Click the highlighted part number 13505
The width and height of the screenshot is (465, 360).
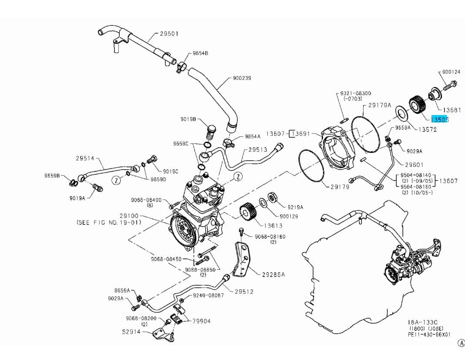tap(439, 119)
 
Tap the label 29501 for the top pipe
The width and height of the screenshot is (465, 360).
tap(169, 34)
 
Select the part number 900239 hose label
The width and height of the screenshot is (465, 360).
tap(242, 78)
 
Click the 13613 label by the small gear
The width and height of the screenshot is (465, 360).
tap(273, 225)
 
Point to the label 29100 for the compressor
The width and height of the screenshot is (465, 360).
tap(129, 216)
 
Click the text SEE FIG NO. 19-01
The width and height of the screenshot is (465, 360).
tap(109, 222)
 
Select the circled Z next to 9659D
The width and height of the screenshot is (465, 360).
tap(116, 180)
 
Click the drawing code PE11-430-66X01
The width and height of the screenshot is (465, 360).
tap(429, 334)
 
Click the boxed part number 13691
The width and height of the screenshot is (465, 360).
tap(302, 133)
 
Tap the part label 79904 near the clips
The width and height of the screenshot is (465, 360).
tap(202, 321)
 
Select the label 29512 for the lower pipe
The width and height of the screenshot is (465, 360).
tap(244, 291)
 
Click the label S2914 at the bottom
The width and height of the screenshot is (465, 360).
tap(131, 332)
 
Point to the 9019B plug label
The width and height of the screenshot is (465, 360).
tap(189, 119)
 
